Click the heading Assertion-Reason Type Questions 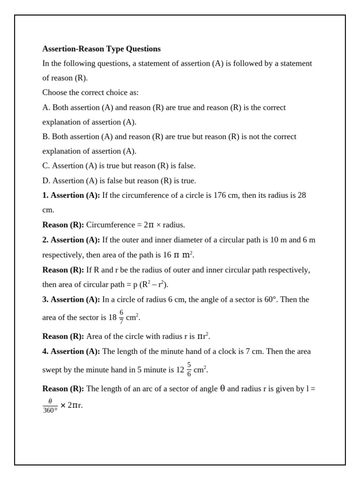pyautogui.click(x=101, y=49)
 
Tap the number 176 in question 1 pyautogui.click(x=220, y=195)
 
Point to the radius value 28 pyautogui.click(x=301, y=195)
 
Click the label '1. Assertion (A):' pyautogui.click(x=71, y=195)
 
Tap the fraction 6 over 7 pyautogui.click(x=121, y=317)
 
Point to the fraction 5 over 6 pyautogui.click(x=189, y=369)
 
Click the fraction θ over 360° pyautogui.click(x=50, y=405)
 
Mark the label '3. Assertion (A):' pyautogui.click(x=71, y=300)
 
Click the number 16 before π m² pyautogui.click(x=166, y=255)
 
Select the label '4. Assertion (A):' pyautogui.click(x=71, y=352)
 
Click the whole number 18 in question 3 pyautogui.click(x=112, y=317)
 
